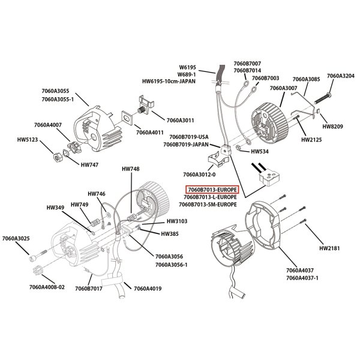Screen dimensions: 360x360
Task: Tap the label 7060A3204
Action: (x=340, y=76)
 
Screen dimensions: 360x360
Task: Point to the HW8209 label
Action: (x=333, y=127)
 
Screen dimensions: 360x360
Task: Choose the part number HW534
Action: (x=260, y=152)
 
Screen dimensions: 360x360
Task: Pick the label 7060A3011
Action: (x=181, y=120)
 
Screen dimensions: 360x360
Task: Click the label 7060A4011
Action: (x=150, y=132)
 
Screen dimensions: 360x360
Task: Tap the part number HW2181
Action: (x=329, y=247)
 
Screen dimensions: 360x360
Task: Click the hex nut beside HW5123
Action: (x=56, y=157)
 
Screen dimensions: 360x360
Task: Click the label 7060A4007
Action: (x=49, y=125)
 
